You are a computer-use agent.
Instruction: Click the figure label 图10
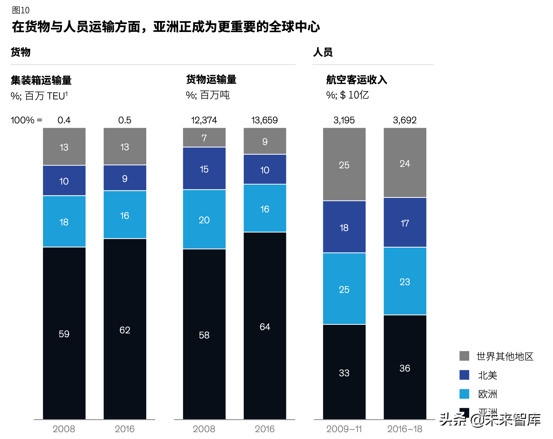(x=20, y=10)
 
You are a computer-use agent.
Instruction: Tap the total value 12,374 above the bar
(x=204, y=120)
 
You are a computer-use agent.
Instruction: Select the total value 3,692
(x=405, y=120)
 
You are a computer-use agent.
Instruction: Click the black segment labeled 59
(x=64, y=333)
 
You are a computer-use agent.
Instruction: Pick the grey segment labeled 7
(x=204, y=138)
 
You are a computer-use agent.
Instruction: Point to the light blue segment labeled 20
(x=204, y=220)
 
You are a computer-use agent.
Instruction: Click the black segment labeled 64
(x=265, y=326)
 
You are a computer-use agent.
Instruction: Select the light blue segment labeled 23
(x=405, y=281)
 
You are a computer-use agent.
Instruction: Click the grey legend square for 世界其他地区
(x=464, y=356)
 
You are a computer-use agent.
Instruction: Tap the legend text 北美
(x=488, y=375)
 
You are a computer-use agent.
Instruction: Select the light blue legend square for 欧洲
(x=464, y=394)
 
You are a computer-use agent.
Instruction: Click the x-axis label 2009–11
(x=344, y=429)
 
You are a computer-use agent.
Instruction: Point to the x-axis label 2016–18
(x=405, y=429)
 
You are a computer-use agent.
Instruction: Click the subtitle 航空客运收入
(x=356, y=80)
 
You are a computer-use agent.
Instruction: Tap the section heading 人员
(x=323, y=52)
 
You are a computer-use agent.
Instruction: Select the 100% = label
(x=27, y=120)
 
